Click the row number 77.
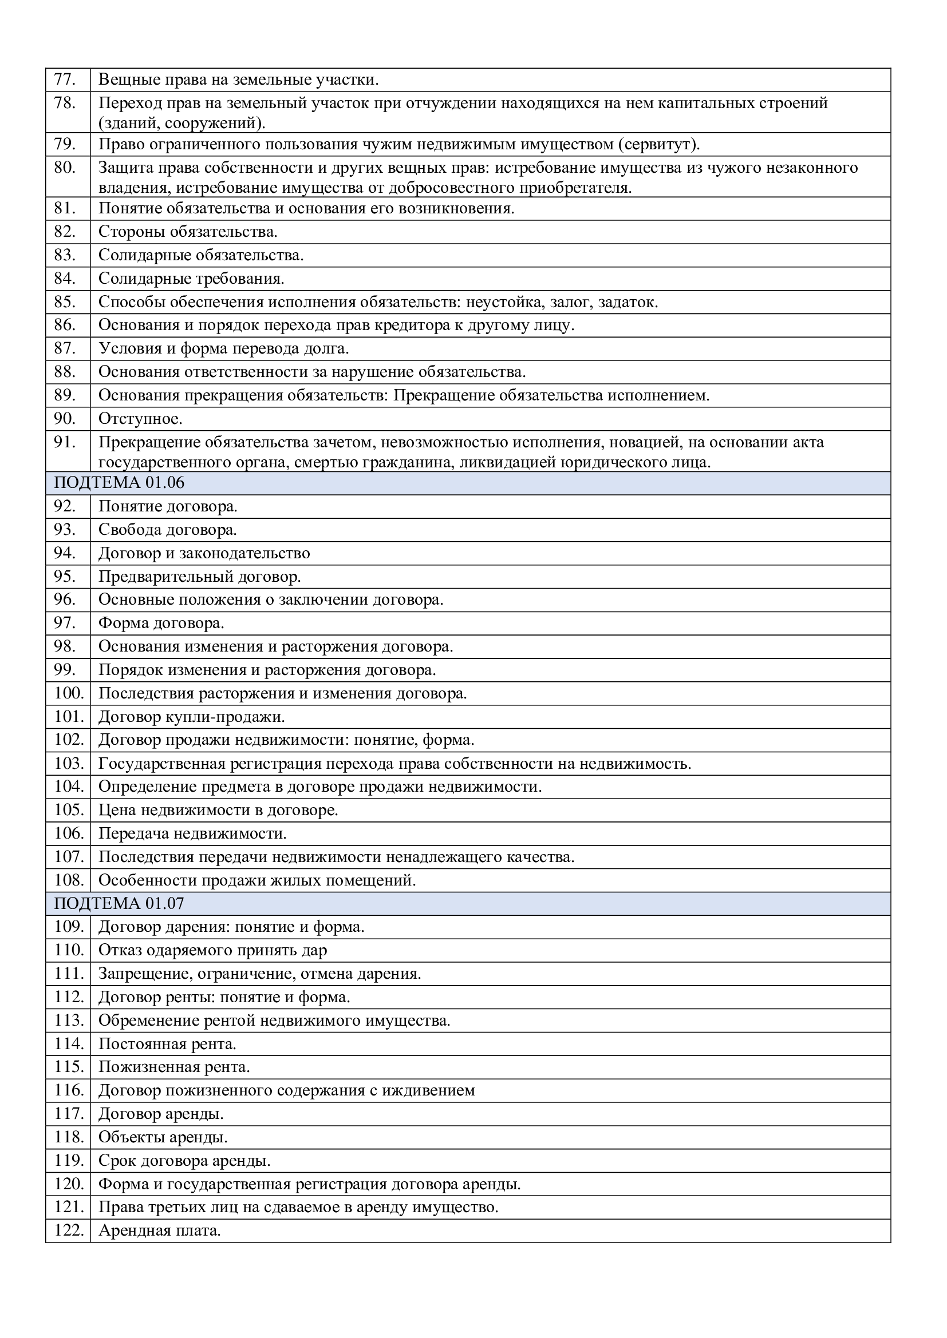(x=65, y=80)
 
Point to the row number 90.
(x=65, y=418)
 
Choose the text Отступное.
(x=140, y=418)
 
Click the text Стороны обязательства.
(x=188, y=231)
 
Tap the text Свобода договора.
(x=167, y=530)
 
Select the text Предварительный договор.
(x=199, y=577)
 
